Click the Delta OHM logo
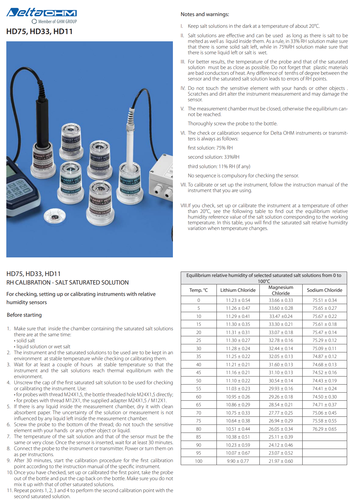[42, 13]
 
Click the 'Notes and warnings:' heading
[205, 14]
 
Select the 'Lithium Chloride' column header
[238, 290]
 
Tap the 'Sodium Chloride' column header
[324, 290]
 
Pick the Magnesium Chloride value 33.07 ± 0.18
[281, 332]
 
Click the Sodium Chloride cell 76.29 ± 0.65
[324, 429]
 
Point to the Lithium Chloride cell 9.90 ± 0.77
[238, 461]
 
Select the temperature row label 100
[199, 461]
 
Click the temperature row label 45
[199, 373]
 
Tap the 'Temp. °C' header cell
[199, 290]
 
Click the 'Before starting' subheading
[24, 315]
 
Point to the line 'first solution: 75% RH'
[210, 148]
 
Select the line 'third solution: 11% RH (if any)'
[219, 166]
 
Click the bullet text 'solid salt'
[26, 341]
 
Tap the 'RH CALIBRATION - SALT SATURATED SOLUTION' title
[68, 282]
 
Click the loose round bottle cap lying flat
[54, 216]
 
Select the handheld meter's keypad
[19, 190]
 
